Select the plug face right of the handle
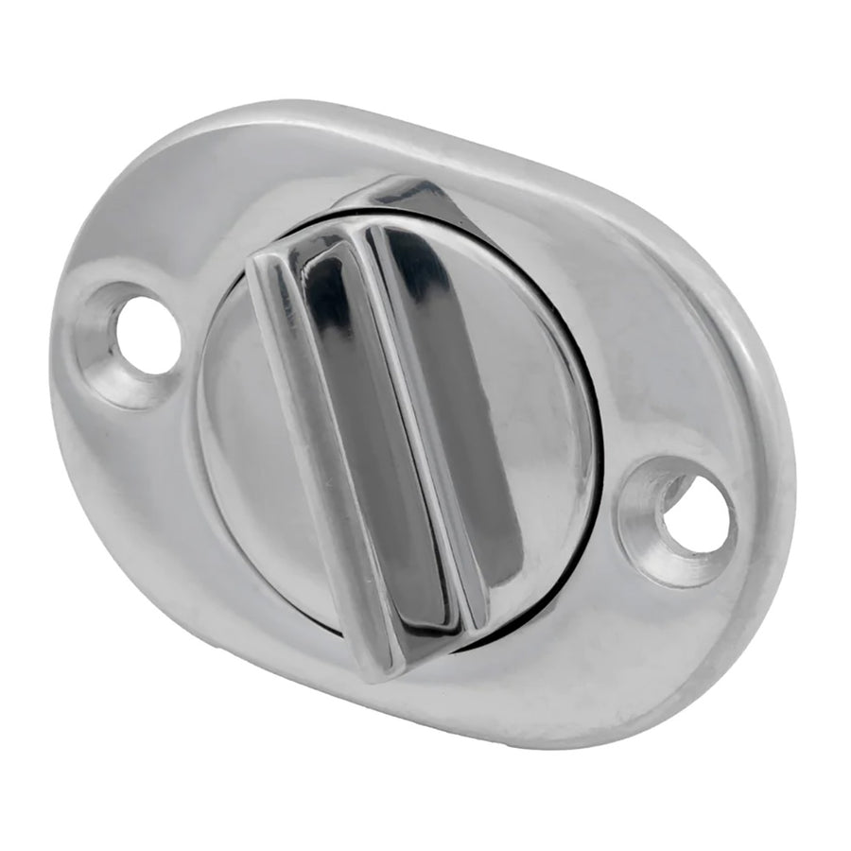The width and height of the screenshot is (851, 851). (x=539, y=425)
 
